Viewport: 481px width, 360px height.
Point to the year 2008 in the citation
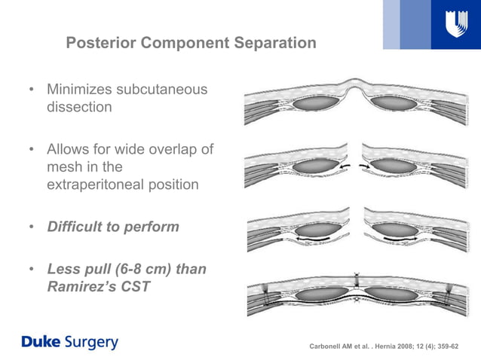[404, 346]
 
